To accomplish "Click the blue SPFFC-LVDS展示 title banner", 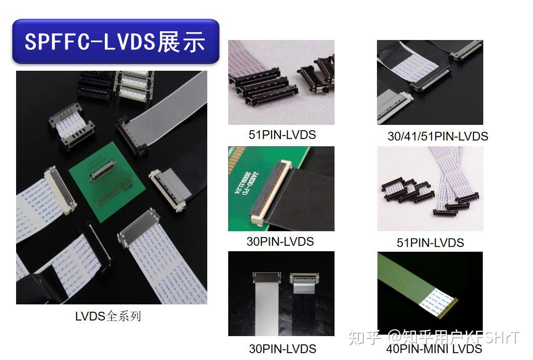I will pyautogui.click(x=116, y=41).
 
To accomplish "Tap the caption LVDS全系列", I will pyautogui.click(x=108, y=316).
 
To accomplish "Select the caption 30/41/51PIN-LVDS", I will pyautogui.click(x=437, y=136).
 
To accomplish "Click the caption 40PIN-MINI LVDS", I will pyautogui.click(x=434, y=349).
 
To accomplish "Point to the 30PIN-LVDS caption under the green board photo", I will pyautogui.click(x=280, y=241).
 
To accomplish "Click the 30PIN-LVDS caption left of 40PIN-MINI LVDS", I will pyautogui.click(x=282, y=349).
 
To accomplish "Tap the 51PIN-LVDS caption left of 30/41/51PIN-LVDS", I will pyautogui.click(x=282, y=135).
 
